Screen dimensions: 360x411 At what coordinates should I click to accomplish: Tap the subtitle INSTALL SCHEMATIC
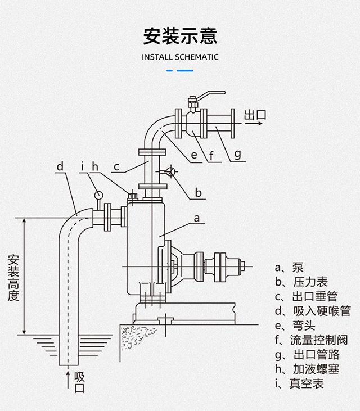180,57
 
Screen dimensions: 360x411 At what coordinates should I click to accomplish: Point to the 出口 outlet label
255,115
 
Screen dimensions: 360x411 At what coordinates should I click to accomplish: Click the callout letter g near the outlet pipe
237,154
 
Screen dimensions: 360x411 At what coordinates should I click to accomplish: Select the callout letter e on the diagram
193,155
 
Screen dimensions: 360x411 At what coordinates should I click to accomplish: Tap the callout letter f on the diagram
211,155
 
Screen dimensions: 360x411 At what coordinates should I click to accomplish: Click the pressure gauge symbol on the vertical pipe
170,171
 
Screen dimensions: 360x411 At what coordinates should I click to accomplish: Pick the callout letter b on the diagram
198,193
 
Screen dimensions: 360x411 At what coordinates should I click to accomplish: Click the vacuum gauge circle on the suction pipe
98,195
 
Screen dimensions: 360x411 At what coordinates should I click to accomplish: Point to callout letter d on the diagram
60,166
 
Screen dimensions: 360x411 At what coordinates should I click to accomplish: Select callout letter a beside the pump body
197,218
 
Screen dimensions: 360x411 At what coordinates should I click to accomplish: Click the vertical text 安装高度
13,278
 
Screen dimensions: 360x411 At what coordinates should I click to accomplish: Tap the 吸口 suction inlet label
79,382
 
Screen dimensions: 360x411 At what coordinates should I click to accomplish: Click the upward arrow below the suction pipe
68,380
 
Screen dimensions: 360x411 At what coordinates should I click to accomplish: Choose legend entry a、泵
289,268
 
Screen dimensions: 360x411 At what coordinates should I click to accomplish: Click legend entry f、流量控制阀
311,340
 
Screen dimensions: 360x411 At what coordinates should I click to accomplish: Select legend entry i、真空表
299,383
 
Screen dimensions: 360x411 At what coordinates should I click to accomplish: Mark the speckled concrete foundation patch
137,337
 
